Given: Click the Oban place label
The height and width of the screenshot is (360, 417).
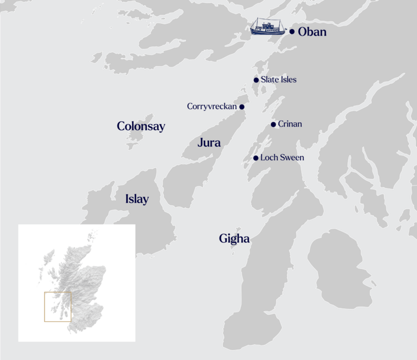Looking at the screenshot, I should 312,32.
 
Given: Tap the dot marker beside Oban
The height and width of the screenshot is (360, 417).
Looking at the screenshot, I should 292,32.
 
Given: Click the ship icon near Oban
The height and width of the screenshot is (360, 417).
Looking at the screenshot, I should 268,27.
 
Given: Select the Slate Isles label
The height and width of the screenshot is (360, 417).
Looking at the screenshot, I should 279,79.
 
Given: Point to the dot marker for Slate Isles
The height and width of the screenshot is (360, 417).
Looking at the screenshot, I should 256,80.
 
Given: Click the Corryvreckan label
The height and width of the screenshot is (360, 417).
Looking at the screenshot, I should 212,107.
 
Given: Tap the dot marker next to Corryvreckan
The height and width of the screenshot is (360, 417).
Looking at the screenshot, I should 242,107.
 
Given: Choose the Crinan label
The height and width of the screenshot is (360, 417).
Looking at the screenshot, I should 290,124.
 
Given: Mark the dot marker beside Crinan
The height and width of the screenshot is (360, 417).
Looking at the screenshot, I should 273,124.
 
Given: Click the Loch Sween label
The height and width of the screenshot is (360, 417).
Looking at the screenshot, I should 282,158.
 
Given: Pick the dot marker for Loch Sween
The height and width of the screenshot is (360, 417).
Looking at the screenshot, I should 255,158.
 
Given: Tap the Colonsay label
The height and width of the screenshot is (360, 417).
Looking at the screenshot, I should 141,126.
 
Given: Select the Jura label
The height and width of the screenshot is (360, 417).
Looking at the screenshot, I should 209,143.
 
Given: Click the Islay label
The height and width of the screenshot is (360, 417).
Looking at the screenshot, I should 137,199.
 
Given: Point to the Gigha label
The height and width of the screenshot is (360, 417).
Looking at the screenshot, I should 234,238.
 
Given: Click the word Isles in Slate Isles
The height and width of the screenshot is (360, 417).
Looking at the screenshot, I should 287,79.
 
